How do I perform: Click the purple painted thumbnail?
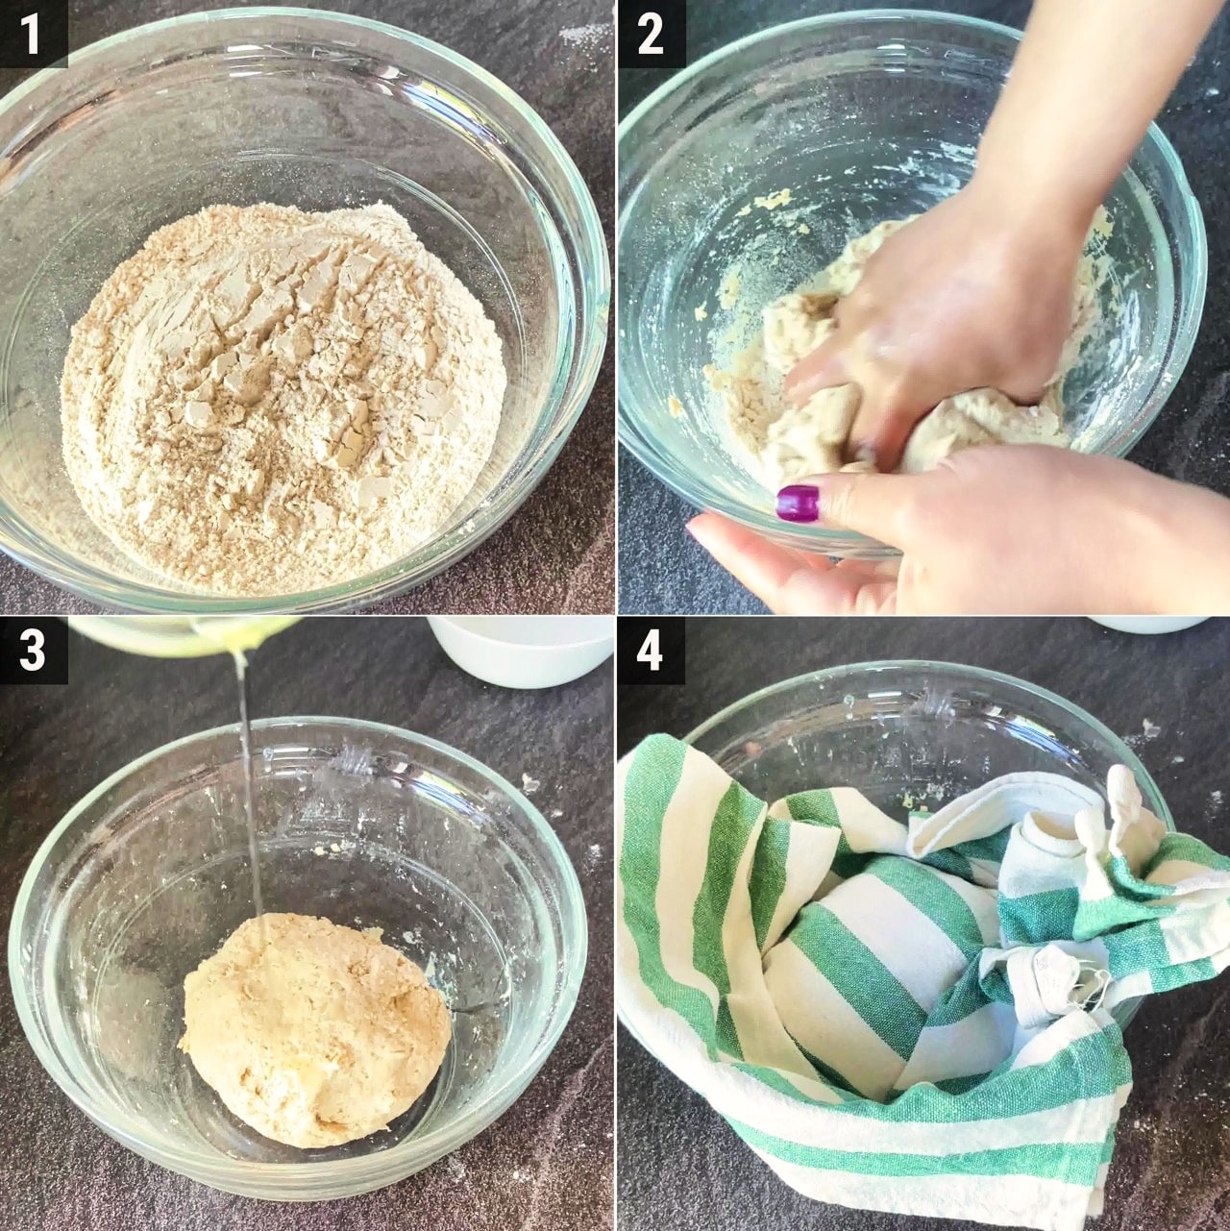tap(799, 503)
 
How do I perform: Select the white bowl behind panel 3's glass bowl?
tap(521, 651)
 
